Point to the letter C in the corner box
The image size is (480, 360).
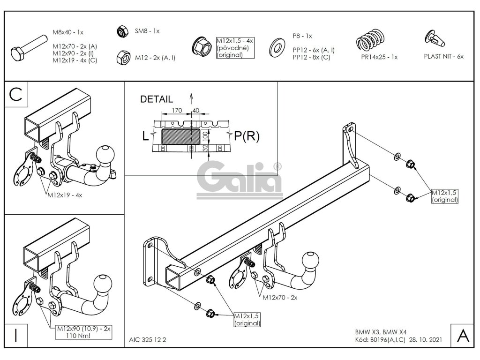[16, 95]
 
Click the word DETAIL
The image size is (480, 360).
[157, 99]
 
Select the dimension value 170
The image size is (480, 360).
[177, 111]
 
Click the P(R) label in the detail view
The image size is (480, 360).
[247, 136]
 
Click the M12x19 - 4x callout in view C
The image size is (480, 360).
[64, 195]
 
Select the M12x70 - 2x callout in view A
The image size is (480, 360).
[280, 297]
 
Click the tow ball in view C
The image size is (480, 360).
[103, 155]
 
